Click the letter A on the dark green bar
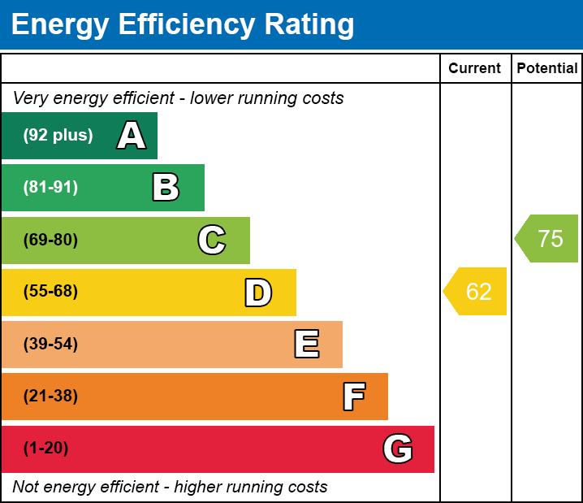click(x=132, y=136)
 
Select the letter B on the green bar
click(x=166, y=188)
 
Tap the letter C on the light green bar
click(x=212, y=240)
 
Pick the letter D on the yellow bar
click(x=258, y=293)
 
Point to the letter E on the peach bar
click(x=306, y=345)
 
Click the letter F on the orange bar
click(x=353, y=397)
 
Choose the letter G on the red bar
click(x=398, y=449)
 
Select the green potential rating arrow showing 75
click(x=548, y=239)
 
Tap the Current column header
click(x=475, y=69)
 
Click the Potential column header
click(x=547, y=69)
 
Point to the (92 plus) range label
click(x=58, y=136)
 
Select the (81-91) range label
click(x=50, y=188)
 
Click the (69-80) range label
click(x=50, y=240)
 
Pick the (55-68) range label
click(x=50, y=292)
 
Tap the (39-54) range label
click(x=50, y=345)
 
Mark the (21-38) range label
click(x=50, y=397)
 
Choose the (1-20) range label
click(x=45, y=449)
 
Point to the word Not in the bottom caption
click(x=26, y=488)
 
